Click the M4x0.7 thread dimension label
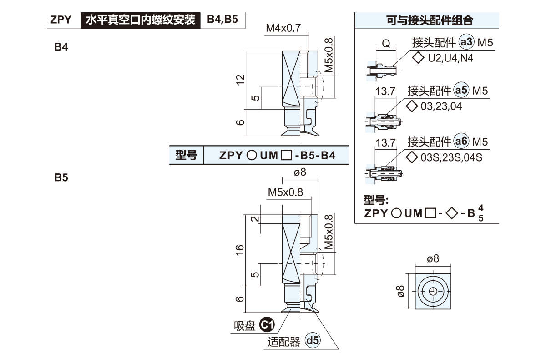283,28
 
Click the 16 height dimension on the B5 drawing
241,249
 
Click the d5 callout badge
313,341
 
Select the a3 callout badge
466,43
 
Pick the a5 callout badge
461,91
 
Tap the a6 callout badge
461,142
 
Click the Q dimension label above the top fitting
385,44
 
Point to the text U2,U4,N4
445,58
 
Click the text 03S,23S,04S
451,157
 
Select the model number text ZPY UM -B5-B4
277,156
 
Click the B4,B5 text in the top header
222,20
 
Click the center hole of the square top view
433,291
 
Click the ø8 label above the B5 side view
300,172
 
